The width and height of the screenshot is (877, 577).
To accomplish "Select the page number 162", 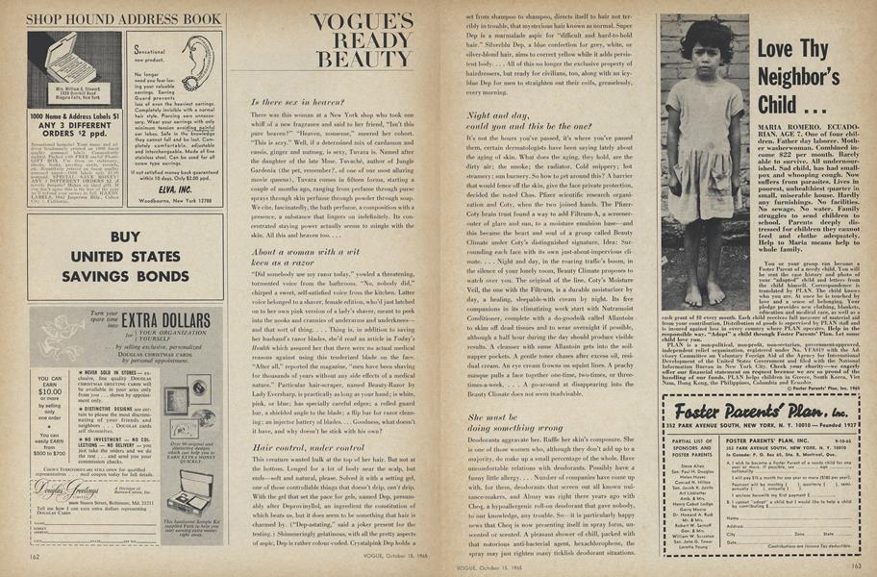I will (34, 556).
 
